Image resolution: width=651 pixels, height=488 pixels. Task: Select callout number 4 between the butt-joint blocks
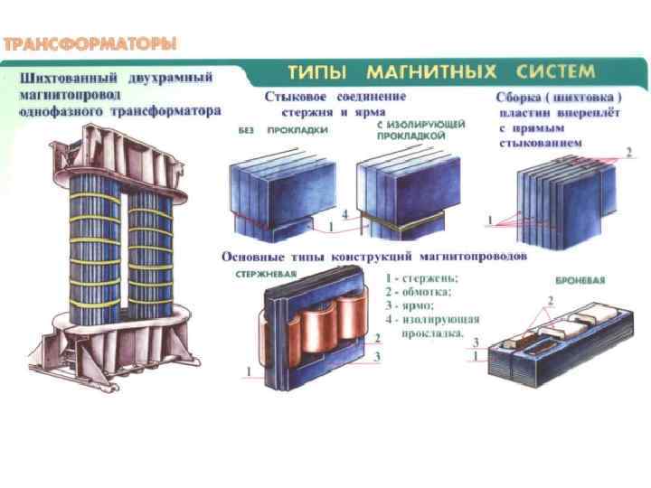344,214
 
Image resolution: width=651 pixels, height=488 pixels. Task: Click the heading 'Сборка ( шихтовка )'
559,97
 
